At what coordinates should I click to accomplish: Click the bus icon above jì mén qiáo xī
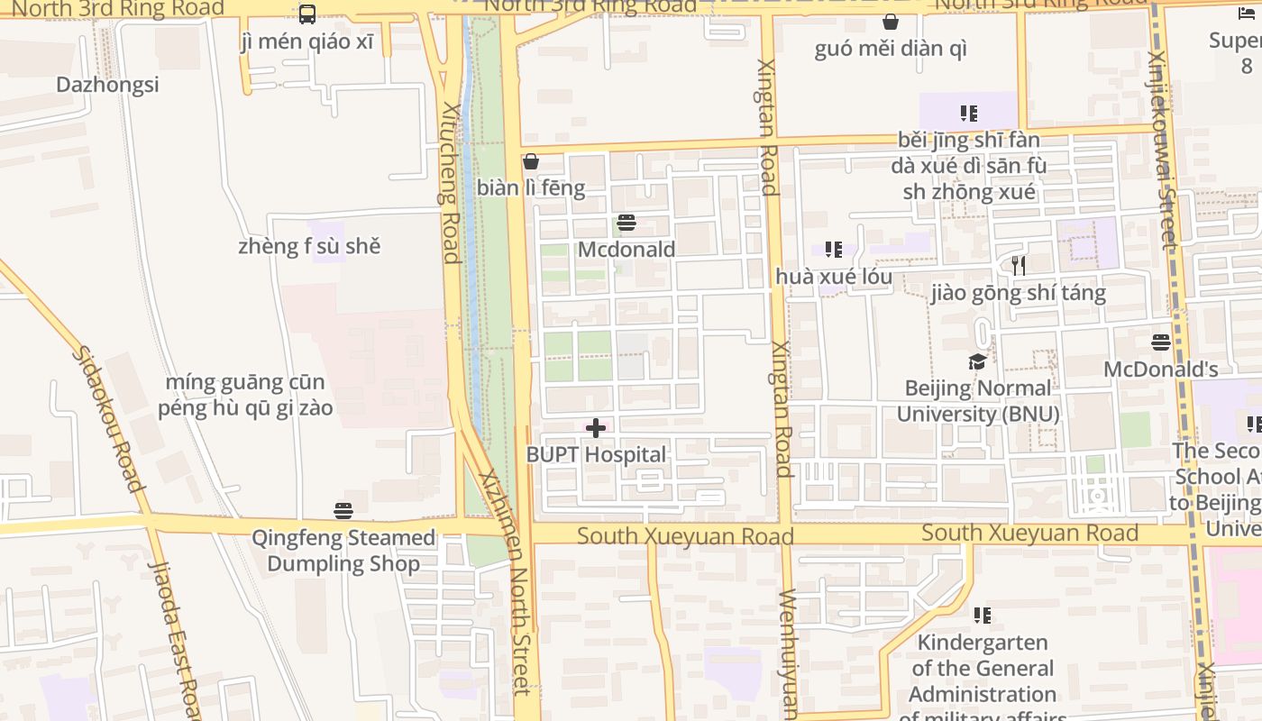[307, 14]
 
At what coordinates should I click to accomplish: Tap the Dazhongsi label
[107, 85]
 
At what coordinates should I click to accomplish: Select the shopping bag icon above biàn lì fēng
[531, 161]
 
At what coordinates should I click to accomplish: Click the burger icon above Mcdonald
[626, 223]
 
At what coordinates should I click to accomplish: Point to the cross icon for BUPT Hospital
[596, 428]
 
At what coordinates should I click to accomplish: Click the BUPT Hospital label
[596, 455]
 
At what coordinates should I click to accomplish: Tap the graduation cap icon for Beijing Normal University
[977, 362]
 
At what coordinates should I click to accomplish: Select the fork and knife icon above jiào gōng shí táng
[1019, 266]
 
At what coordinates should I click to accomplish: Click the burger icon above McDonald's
[1161, 342]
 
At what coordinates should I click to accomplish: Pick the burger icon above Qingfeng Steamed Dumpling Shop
[343, 511]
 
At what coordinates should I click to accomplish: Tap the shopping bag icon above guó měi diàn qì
[891, 22]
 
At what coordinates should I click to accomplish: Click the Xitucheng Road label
[451, 183]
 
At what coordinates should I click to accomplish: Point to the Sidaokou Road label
[108, 418]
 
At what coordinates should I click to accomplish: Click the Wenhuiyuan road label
[789, 653]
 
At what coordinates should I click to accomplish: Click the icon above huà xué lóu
[834, 250]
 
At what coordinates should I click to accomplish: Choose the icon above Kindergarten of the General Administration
[983, 616]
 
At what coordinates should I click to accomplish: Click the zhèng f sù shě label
[309, 246]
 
